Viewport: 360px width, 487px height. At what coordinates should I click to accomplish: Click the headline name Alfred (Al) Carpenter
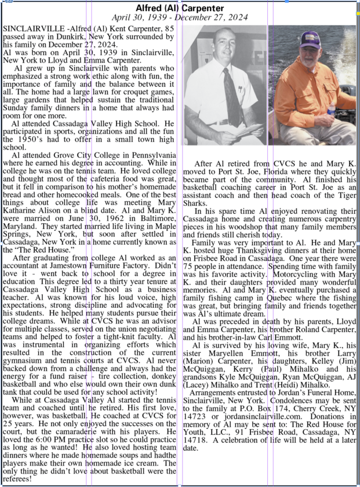click(179, 8)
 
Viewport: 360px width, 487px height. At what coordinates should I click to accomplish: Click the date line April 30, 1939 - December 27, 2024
click(179, 17)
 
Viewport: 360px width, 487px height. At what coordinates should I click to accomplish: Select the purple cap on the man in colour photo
click(311, 39)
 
